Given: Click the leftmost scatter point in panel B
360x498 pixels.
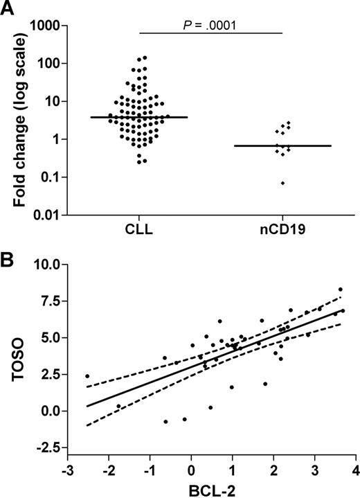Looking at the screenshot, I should click(87, 376).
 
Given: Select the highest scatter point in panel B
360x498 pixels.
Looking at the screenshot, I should click(340, 290).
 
